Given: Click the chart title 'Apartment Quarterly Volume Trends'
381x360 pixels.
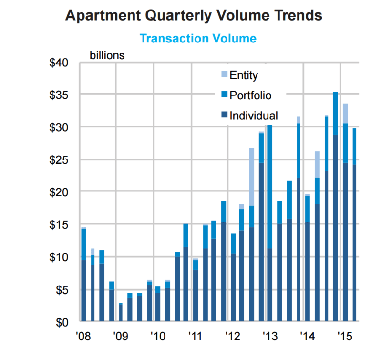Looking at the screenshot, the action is (x=194, y=16).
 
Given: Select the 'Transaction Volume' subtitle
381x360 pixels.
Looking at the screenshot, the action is (x=198, y=38).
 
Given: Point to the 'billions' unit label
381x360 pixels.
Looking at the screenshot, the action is (x=107, y=55).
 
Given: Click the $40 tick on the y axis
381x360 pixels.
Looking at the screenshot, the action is (x=59, y=63).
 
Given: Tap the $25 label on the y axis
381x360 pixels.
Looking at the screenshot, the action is (x=59, y=160).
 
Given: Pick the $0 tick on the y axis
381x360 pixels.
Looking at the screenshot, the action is (x=62, y=323).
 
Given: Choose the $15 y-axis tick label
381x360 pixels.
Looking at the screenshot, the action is (x=59, y=225).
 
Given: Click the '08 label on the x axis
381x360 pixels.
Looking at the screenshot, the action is (x=83, y=337).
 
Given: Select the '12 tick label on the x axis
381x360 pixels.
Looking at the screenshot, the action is (x=233, y=337).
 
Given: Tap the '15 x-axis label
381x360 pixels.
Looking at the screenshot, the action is (x=345, y=337).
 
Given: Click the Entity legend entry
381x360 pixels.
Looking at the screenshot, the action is (x=239, y=75).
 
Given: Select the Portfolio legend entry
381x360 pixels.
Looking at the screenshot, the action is (x=246, y=95).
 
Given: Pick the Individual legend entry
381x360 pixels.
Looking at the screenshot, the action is (x=249, y=116).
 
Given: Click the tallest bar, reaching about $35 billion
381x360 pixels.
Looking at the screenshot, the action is (x=335, y=207).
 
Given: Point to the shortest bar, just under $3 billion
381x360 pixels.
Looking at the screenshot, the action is (x=121, y=312).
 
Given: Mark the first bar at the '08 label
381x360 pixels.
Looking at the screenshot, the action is (x=83, y=274).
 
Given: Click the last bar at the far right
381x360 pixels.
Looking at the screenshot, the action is (x=354, y=225).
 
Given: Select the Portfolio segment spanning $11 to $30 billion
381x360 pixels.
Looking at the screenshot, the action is (x=269, y=187).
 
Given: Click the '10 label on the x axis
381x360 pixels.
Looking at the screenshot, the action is (x=158, y=337).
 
